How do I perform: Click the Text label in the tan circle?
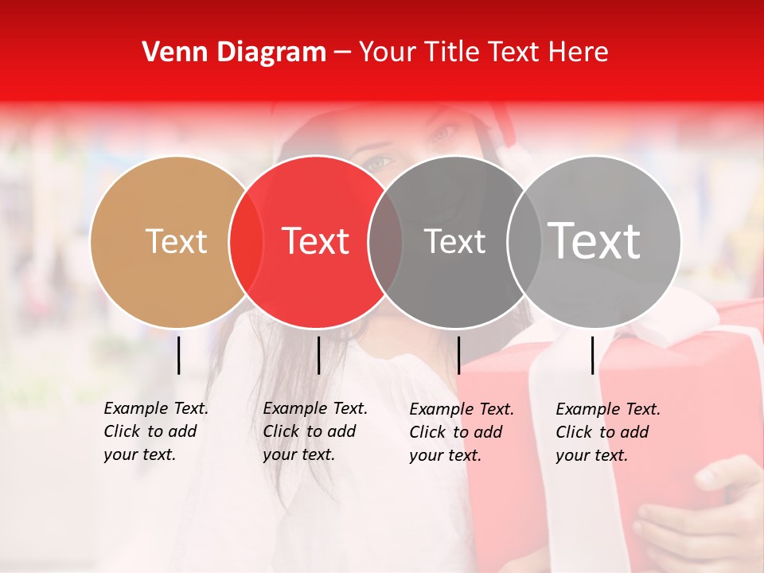[176, 241]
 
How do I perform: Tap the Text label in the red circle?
[316, 241]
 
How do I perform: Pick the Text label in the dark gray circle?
[454, 241]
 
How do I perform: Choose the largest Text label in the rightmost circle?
[594, 241]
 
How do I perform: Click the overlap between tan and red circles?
[246, 242]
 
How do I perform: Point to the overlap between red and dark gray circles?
[385, 242]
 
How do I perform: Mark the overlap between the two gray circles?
[524, 242]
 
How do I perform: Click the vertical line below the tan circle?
[178, 355]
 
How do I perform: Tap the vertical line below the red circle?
[318, 355]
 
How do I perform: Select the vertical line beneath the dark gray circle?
[458, 355]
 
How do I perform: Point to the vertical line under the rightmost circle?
[592, 355]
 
